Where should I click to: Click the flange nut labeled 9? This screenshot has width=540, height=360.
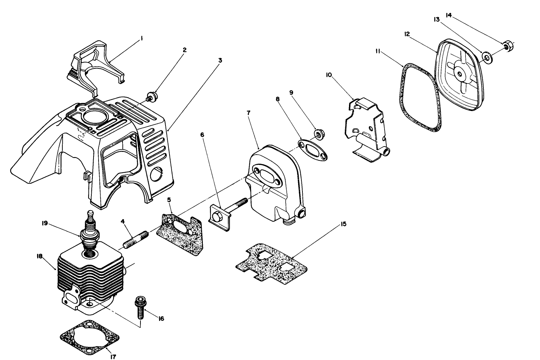pos(318,135)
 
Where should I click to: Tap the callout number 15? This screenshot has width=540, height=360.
pos(343,224)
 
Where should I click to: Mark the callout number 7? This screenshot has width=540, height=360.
pos(248,113)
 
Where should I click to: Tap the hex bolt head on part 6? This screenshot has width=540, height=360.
pos(217,217)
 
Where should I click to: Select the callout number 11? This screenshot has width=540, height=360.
pos(378,51)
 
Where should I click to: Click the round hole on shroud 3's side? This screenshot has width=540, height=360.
pos(156,174)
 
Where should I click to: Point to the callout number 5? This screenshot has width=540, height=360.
pos(169,199)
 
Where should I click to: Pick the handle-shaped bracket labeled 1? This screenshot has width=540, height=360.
pos(95,64)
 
